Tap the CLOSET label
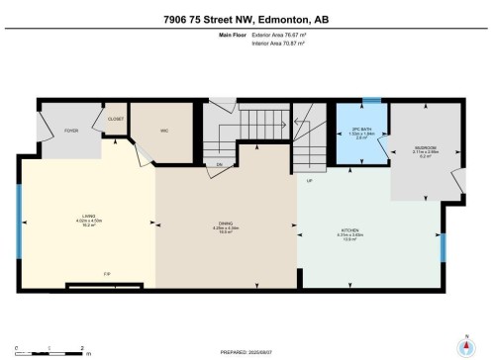115,120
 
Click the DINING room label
226,225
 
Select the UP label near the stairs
309,182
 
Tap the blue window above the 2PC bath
369,100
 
